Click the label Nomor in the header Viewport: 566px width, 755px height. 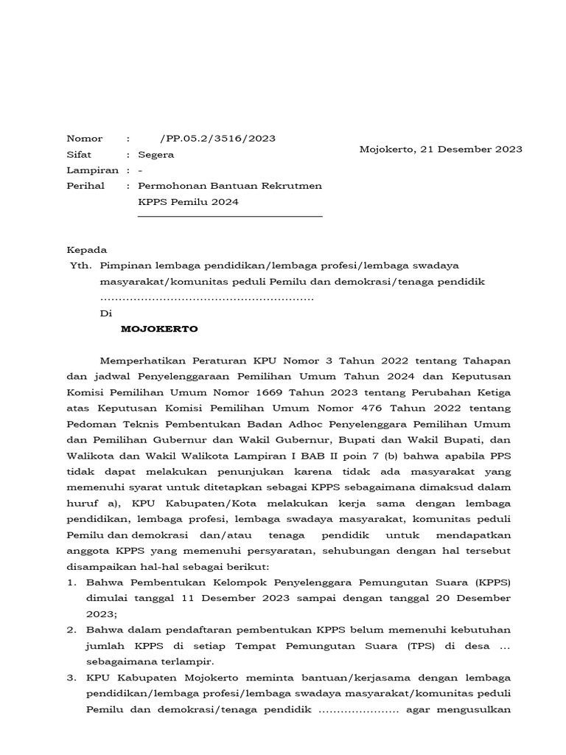[x=85, y=139]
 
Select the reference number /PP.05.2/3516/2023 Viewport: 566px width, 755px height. [x=207, y=139]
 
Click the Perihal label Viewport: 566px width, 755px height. [x=85, y=186]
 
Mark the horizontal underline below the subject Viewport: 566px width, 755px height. [x=230, y=217]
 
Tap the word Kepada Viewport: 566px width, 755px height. [x=87, y=250]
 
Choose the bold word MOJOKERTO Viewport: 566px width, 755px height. [x=159, y=330]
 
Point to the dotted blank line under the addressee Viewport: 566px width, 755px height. [x=207, y=298]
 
